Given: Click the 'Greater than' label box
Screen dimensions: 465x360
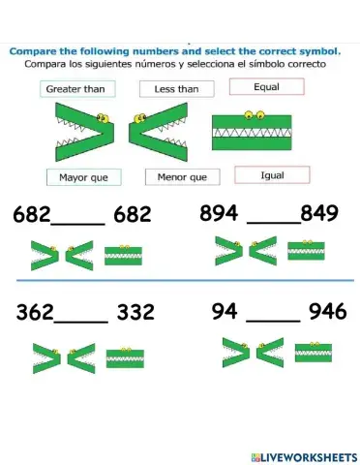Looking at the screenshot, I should [x=75, y=89].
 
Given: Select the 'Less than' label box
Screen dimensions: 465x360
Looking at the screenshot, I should [x=176, y=89].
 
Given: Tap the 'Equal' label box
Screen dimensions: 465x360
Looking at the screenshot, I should [x=266, y=87].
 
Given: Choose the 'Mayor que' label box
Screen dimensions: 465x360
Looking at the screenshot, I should [x=83, y=177].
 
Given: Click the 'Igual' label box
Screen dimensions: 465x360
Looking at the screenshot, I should [x=272, y=175].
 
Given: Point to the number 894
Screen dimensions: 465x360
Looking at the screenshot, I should [x=219, y=213].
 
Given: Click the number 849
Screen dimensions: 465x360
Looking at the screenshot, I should [x=319, y=213].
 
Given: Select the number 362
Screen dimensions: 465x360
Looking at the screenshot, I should [x=35, y=313].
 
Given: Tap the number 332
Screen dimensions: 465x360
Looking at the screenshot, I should [x=135, y=313].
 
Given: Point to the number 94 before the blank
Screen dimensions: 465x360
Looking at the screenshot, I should [x=224, y=311].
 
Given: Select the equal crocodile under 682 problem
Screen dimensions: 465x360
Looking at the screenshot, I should [x=124, y=256].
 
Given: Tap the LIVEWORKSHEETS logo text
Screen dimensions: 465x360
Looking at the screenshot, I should [x=304, y=455].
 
